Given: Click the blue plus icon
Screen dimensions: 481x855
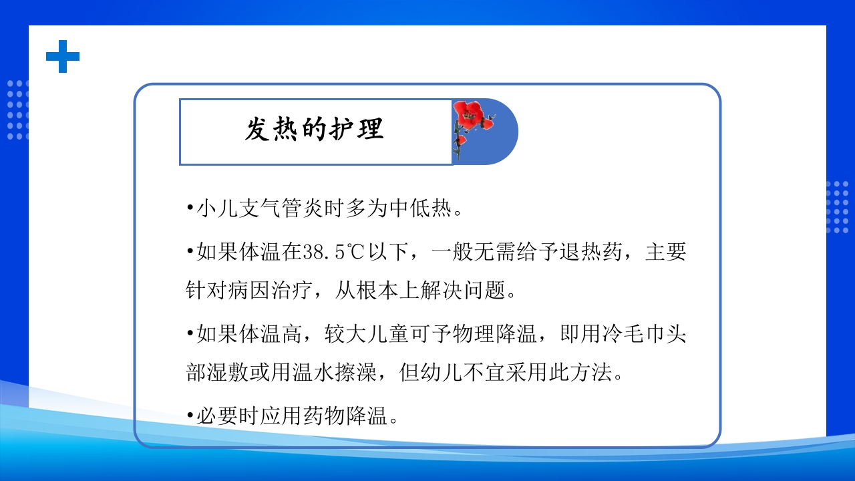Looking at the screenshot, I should (63, 56).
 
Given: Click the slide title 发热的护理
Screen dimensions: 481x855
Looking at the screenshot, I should (314, 130).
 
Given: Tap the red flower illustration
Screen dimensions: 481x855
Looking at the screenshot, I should (473, 120).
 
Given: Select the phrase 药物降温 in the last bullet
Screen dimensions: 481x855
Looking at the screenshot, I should (345, 417).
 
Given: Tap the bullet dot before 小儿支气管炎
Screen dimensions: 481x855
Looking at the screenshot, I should (190, 209).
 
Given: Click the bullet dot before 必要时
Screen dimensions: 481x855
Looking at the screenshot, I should (190, 417).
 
